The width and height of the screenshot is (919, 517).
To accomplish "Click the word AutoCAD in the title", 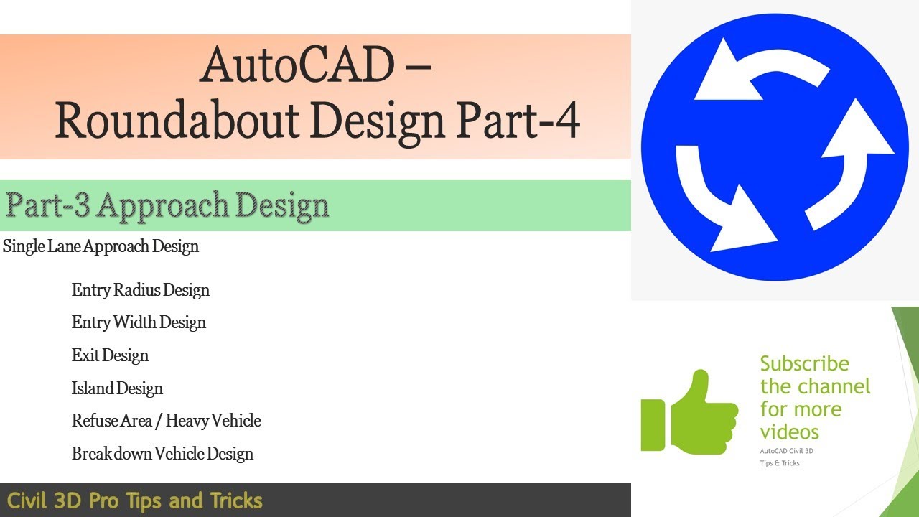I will (x=297, y=65).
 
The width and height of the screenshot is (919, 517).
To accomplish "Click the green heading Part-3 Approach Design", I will (x=167, y=206).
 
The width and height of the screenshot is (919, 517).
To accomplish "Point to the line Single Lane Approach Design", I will (x=101, y=247).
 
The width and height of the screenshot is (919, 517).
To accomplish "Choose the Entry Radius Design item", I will (x=141, y=291).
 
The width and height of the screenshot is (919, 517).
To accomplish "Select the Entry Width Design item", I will (x=139, y=323).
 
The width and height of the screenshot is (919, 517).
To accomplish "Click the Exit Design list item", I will (x=110, y=355).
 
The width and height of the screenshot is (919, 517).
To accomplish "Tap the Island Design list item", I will (x=117, y=388).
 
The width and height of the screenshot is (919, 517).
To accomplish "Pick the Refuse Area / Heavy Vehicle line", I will (x=166, y=421).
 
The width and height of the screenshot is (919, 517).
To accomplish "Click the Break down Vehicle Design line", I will (x=162, y=454).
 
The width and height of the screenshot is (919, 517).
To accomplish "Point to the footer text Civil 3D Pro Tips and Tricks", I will (x=135, y=500).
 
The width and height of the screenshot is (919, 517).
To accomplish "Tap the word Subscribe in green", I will (x=804, y=364).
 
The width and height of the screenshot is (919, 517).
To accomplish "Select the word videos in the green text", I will (x=789, y=432).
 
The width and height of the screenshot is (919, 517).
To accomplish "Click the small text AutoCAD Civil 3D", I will (x=787, y=451).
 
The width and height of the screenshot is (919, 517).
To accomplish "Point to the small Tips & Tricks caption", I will (x=780, y=463).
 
